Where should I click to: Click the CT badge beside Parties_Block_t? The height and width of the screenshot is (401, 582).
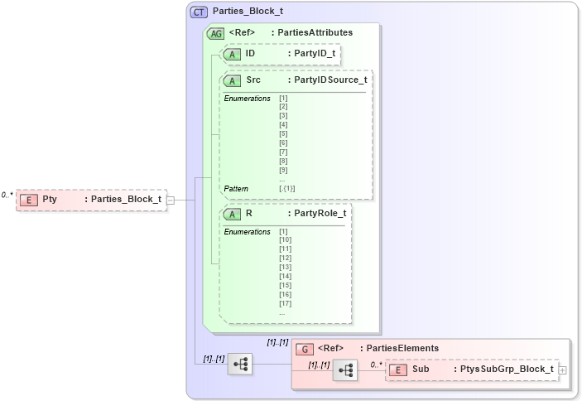pos(199,12)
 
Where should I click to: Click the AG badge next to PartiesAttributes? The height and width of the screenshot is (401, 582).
pos(215,33)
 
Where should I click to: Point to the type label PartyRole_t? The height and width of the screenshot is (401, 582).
pos(320,214)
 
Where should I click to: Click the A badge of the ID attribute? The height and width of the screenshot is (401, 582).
pos(233,54)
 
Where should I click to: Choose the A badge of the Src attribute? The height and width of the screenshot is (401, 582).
pos(233,80)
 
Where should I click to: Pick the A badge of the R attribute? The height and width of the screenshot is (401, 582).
pos(233,214)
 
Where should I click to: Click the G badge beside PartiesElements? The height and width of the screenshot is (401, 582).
pos(305,349)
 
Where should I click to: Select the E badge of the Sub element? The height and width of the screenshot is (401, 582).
pos(399,370)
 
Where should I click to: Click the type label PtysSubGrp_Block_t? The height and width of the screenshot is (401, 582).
pos(507,370)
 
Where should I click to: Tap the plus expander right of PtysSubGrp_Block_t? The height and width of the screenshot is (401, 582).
pos(563,370)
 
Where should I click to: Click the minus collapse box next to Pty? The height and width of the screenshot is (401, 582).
pos(170,200)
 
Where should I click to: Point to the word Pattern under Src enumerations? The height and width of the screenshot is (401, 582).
pos(236,189)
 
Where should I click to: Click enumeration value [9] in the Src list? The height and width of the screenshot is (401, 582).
pos(283,171)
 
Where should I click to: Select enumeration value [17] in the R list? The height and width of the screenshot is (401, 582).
pos(286,303)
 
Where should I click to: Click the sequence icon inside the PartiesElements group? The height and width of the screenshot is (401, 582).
pos(345,370)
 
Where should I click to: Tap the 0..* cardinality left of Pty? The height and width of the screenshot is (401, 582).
pos(7,195)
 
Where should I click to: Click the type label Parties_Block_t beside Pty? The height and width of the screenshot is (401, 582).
pos(126,199)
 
